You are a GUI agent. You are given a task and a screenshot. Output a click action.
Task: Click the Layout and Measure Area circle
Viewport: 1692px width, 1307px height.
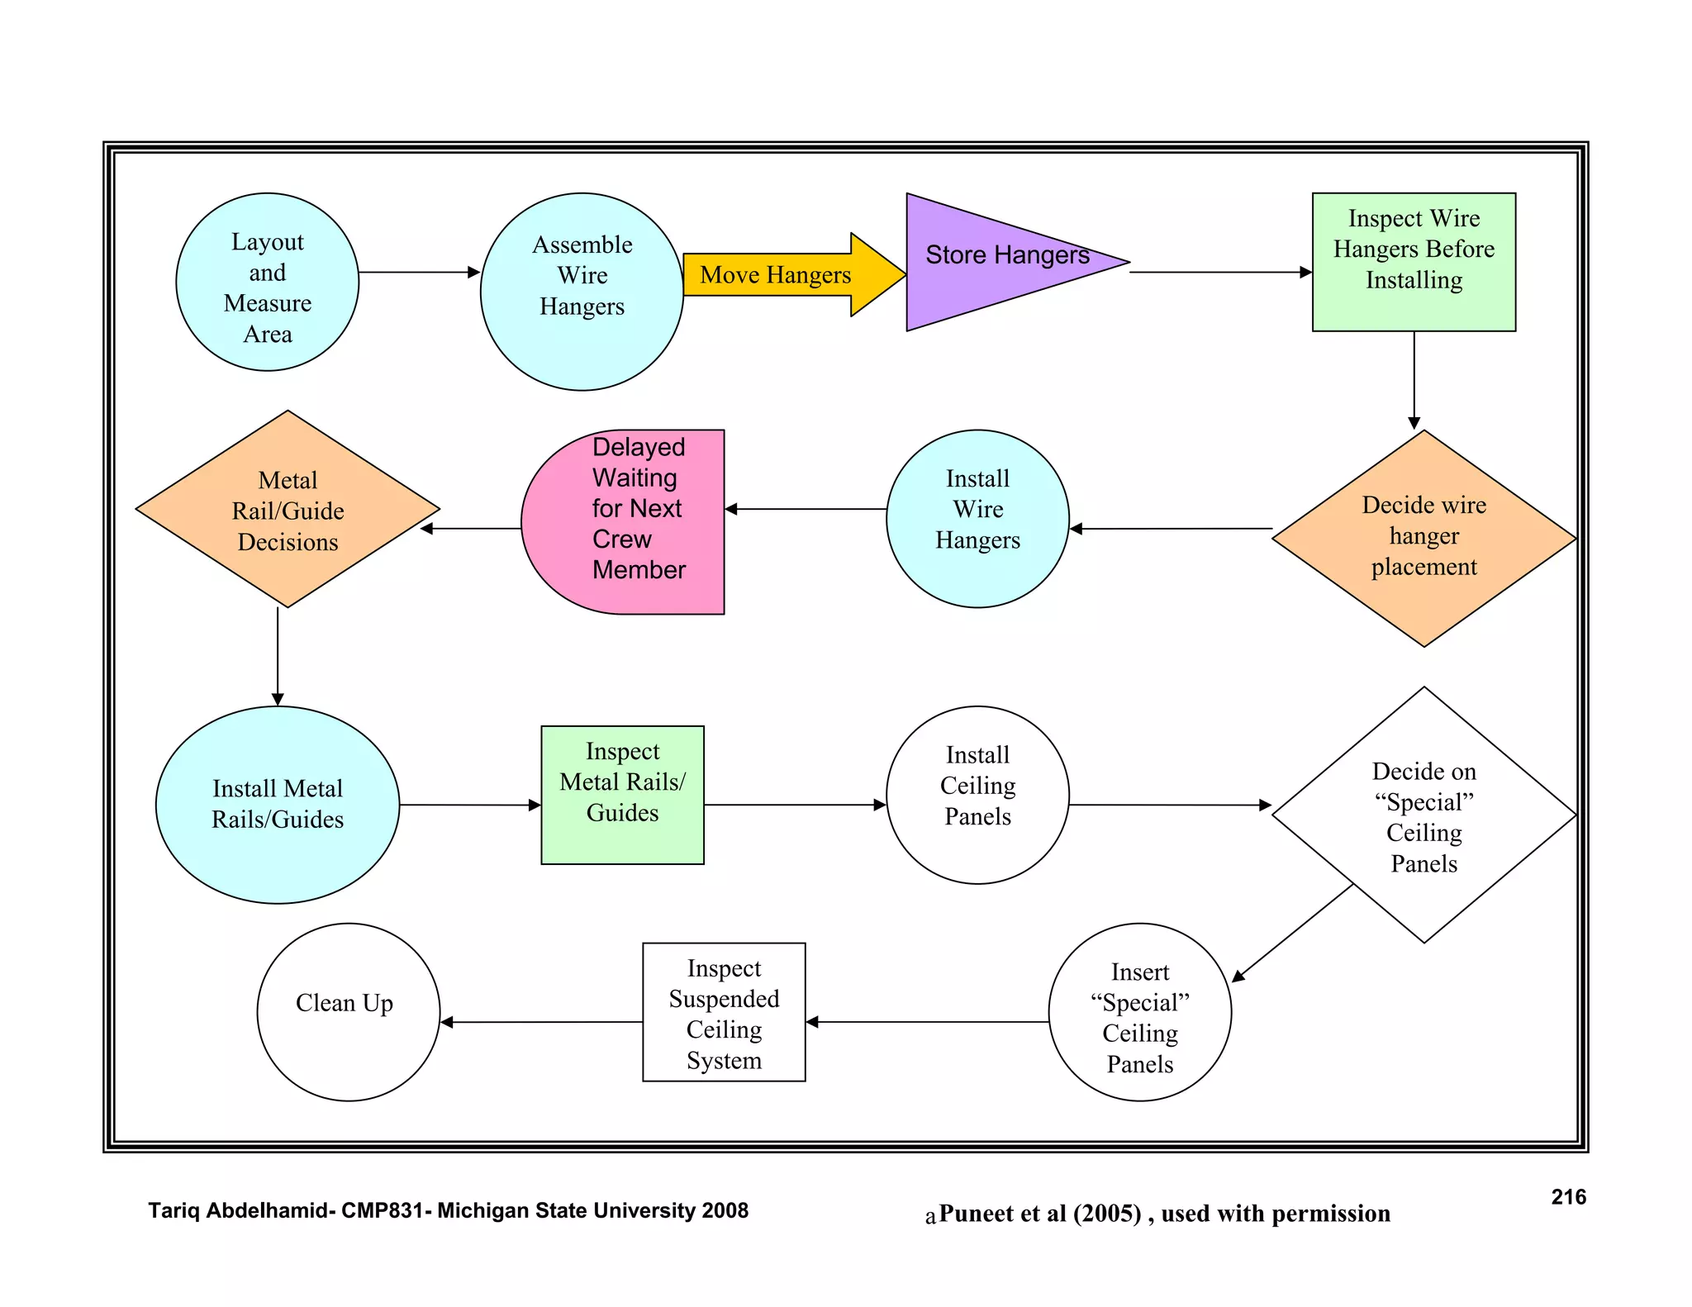267,282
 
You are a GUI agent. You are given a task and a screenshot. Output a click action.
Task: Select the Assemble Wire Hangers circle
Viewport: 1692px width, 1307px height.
582,291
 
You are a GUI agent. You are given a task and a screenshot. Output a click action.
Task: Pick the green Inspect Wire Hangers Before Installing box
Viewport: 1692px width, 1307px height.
1414,262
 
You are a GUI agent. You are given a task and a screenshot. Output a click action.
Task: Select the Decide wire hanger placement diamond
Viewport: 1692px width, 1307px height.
1423,538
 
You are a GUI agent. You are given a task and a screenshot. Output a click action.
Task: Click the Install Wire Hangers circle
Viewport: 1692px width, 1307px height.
977,518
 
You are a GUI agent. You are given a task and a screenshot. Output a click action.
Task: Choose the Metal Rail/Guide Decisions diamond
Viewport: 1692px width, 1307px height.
288,510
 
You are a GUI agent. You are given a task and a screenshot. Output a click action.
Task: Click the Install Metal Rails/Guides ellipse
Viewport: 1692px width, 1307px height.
278,804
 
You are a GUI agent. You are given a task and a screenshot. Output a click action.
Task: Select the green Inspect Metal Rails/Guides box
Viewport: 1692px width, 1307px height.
622,794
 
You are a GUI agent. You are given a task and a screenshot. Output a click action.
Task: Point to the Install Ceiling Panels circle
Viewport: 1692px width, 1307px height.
977,794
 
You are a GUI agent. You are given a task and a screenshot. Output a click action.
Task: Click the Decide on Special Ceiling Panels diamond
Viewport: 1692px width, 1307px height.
1423,815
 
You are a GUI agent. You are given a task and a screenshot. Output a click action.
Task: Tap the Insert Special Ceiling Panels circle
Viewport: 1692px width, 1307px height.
1139,1011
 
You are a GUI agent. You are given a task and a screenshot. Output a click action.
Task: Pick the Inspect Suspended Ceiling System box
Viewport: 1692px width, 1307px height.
724,1012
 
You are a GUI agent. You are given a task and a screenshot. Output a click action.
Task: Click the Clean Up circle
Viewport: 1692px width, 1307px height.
348,1011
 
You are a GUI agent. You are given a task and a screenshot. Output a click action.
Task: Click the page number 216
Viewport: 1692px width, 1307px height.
1568,1197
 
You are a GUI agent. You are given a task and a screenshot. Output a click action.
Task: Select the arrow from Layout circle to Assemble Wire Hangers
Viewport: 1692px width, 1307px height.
419,272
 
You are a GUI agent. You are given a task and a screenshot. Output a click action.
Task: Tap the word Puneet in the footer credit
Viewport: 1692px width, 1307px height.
977,1214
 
